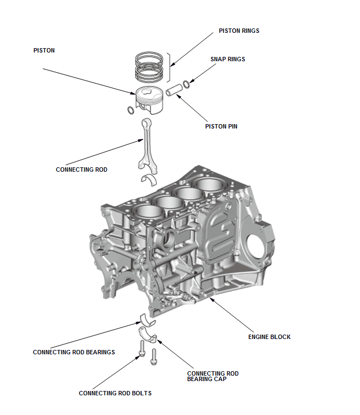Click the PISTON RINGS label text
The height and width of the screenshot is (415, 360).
[x=239, y=31]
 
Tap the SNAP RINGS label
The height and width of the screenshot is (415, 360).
[x=228, y=59]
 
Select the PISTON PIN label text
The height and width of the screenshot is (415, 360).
[x=221, y=126]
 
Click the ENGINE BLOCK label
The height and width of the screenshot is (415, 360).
[x=269, y=337]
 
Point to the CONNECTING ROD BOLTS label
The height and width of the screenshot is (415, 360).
[x=115, y=393]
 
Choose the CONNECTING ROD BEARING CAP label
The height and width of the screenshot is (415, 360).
[x=213, y=376]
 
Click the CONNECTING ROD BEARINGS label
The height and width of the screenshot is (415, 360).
[x=74, y=352]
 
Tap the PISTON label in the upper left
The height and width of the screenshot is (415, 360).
[x=44, y=50]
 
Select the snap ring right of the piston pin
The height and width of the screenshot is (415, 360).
[x=187, y=84]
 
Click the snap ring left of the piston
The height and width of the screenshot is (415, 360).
[x=130, y=111]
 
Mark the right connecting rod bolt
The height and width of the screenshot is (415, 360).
[x=154, y=356]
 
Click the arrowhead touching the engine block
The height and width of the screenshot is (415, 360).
[x=210, y=299]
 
